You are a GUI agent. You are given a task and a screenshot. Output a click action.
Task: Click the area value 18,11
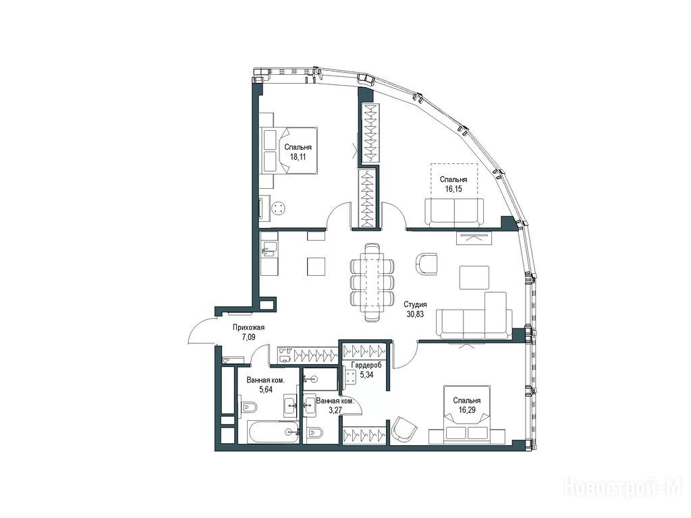point(298,156)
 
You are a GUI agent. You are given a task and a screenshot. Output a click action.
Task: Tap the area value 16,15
point(453,189)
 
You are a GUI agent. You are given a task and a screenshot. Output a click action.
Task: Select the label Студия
point(416,304)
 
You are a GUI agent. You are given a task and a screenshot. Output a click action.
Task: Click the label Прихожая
point(248,327)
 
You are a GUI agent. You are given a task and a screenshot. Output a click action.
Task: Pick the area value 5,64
point(266,389)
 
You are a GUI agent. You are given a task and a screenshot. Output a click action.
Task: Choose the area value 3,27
point(335,410)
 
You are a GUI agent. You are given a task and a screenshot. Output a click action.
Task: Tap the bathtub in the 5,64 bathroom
point(274,432)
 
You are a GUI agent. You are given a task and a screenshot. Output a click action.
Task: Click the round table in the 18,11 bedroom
point(279,208)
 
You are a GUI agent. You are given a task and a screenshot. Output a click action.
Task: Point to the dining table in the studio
point(372,283)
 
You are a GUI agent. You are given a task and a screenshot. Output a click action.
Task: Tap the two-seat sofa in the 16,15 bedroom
point(454,212)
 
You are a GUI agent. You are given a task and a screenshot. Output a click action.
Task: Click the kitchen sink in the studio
point(269,250)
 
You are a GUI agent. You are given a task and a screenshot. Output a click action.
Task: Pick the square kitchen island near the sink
point(316,266)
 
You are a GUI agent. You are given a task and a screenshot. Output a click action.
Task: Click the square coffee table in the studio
point(474,277)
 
